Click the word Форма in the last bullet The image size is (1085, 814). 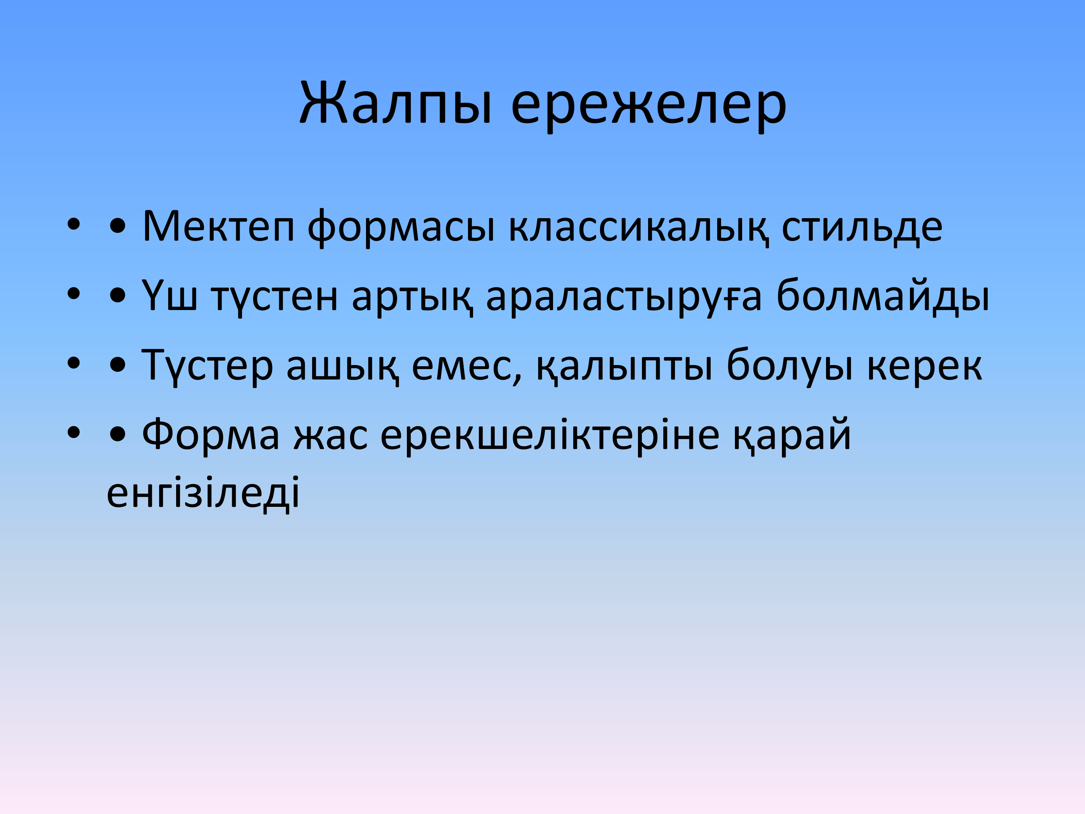click(x=211, y=434)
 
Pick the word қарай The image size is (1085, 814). click(x=792, y=435)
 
